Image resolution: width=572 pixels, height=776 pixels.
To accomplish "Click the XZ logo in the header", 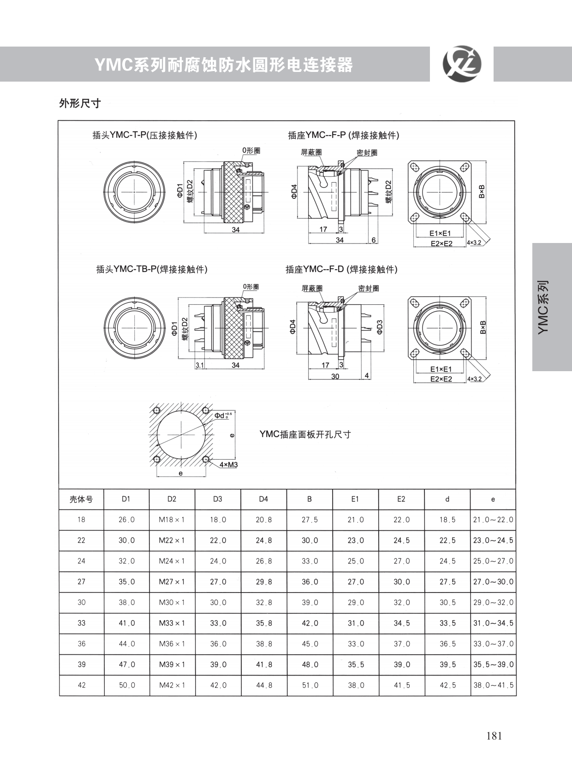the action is click(x=462, y=64).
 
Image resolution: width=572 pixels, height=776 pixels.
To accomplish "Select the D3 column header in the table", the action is click(x=217, y=499).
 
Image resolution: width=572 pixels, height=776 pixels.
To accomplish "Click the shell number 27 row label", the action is click(x=81, y=581).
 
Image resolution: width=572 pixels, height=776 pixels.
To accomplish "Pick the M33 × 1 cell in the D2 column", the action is click(x=172, y=623).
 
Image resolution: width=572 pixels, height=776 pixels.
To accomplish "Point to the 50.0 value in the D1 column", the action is click(x=126, y=685).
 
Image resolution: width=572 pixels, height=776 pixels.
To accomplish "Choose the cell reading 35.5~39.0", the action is click(x=493, y=664).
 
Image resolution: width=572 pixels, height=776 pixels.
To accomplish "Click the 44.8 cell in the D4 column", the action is click(x=264, y=685).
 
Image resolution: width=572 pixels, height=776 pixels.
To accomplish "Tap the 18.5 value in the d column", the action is click(x=447, y=520).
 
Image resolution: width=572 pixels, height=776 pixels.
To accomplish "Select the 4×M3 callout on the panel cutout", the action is click(x=228, y=465).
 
